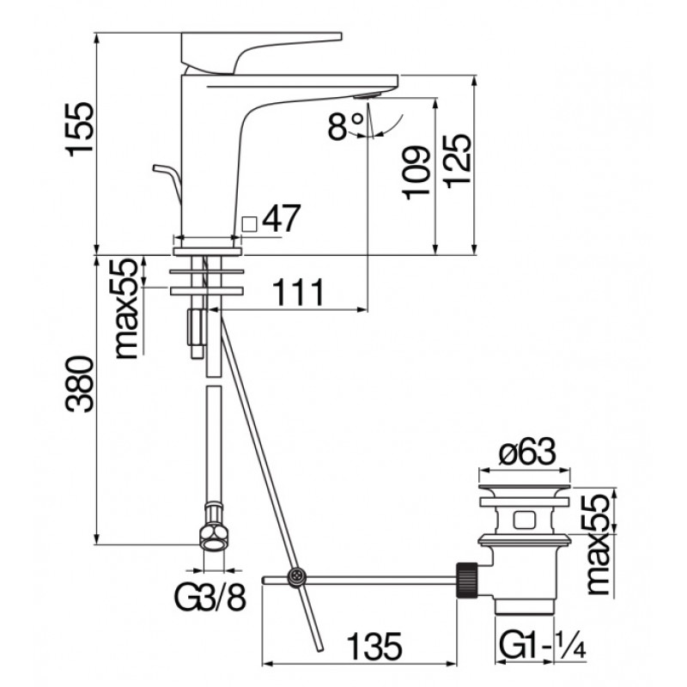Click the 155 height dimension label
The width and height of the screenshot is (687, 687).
pos(79,130)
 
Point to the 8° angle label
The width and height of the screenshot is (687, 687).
pos(346,125)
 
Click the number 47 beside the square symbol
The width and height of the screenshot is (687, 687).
pos(282,218)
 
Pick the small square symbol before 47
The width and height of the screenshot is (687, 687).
pos(249,224)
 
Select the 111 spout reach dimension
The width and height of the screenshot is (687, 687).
pos(298,292)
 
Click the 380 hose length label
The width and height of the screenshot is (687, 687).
pos(79,384)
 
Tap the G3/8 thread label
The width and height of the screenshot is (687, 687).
pos(210,598)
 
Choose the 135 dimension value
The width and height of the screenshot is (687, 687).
pos(374,647)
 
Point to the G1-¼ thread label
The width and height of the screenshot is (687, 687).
pos(542,645)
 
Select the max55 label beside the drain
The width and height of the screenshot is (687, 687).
pos(598,544)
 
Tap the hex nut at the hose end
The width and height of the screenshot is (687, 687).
pos(213,528)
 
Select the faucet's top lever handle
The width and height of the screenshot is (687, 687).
pos(261,52)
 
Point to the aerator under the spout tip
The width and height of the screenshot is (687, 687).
pos(368,96)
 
